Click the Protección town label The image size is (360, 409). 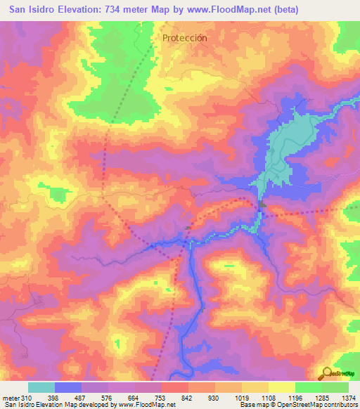[184, 38]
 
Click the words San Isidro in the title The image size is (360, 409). [35, 10]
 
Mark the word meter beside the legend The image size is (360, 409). [10, 397]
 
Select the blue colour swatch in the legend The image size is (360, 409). [67, 387]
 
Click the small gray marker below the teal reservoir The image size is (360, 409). [261, 205]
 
